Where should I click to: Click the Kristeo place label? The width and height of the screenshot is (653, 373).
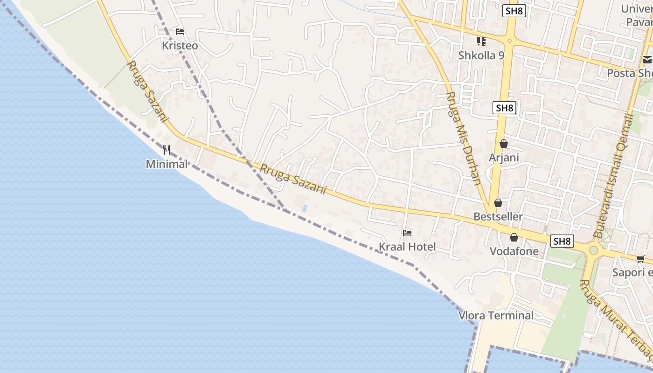pyautogui.click(x=180, y=46)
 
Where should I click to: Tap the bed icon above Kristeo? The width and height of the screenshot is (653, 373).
pyautogui.click(x=180, y=32)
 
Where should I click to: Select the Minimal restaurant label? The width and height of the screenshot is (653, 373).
pyautogui.click(x=167, y=164)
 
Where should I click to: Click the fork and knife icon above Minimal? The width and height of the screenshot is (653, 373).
pyautogui.click(x=167, y=150)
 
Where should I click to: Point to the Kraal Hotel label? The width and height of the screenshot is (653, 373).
pyautogui.click(x=407, y=247)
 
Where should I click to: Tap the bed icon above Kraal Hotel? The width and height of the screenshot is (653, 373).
pyautogui.click(x=407, y=233)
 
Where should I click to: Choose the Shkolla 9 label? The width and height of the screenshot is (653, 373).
pyautogui.click(x=481, y=55)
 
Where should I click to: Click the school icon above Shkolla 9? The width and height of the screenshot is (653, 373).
pyautogui.click(x=481, y=41)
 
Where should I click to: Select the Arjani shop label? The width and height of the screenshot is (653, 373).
pyautogui.click(x=504, y=158)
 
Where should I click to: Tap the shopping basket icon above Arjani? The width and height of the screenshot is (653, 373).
pyautogui.click(x=503, y=144)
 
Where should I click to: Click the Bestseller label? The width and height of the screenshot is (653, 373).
pyautogui.click(x=498, y=217)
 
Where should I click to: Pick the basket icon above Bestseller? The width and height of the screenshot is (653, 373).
pyautogui.click(x=498, y=203)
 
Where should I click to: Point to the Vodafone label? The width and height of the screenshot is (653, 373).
pyautogui.click(x=514, y=251)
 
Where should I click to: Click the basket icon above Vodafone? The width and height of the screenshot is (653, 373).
pyautogui.click(x=514, y=237)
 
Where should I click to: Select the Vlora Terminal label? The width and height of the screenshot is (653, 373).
pyautogui.click(x=496, y=316)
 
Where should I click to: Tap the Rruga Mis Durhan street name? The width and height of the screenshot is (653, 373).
pyautogui.click(x=463, y=138)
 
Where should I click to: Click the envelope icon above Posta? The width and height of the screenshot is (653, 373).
pyautogui.click(x=647, y=60)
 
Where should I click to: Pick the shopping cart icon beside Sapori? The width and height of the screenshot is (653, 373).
pyautogui.click(x=641, y=259)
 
